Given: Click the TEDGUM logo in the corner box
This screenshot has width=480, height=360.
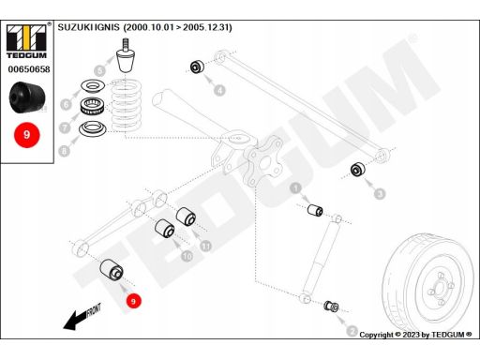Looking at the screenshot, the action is click(27, 41).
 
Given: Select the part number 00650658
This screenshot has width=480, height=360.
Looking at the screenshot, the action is click(29, 69).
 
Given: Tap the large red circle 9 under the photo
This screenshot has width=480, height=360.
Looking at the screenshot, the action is click(27, 135).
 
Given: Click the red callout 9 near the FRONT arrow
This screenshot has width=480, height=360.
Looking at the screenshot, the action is click(133, 301).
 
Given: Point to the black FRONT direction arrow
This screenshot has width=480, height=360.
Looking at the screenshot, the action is click(82, 316).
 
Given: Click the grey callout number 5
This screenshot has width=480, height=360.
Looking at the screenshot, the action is click(99, 70).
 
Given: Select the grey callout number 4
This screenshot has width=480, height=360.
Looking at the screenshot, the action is click(220, 90).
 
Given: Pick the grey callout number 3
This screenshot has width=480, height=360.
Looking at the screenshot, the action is click(380, 194).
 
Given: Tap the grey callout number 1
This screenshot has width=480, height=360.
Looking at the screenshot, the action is click(295, 188).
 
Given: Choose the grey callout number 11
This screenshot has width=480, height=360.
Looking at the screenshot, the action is click(205, 246).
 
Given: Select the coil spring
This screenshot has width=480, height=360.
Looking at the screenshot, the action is click(127, 105).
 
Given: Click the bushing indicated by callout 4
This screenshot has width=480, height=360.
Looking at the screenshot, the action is click(197, 67).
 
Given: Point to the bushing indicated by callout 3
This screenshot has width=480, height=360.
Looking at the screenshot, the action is click(358, 170).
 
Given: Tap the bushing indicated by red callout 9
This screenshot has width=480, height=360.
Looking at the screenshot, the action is click(112, 268).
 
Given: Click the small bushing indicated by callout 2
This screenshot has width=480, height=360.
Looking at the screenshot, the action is click(332, 306).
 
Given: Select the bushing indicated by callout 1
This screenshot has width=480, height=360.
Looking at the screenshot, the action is click(315, 210).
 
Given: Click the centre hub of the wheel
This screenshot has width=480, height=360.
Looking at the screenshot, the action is click(441, 288).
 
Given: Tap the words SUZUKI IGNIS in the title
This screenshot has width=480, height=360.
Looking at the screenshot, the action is click(88, 27).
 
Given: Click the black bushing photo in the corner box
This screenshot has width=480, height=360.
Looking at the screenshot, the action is click(27, 97).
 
